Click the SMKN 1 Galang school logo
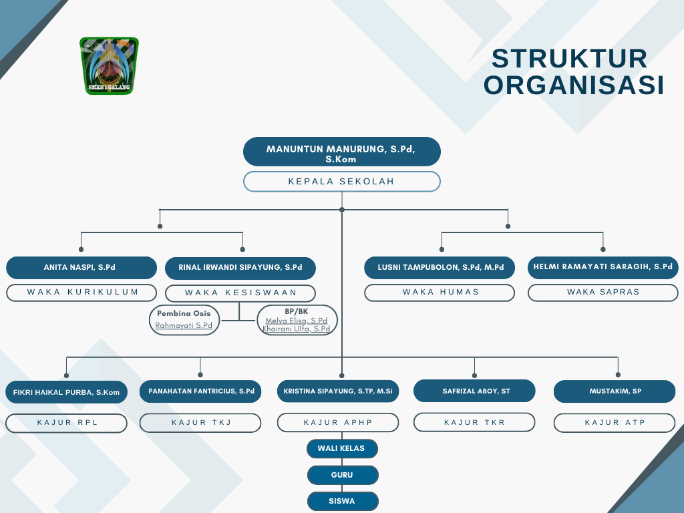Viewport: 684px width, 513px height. [x=109, y=65]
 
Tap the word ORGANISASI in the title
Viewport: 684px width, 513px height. [x=574, y=85]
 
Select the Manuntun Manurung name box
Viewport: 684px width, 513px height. [x=341, y=152]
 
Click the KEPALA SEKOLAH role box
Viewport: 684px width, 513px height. [x=341, y=182]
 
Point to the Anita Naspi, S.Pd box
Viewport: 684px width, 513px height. [x=81, y=268]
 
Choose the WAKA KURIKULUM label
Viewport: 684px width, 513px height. [x=81, y=293]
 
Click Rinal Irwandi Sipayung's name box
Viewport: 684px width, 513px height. [x=240, y=268]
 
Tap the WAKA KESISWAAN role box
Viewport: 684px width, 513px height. [x=240, y=293]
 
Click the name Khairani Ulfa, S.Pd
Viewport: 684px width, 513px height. [x=297, y=329]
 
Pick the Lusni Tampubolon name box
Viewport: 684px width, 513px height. [x=440, y=268]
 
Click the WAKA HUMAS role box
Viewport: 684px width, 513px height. [x=440, y=293]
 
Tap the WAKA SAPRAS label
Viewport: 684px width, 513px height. [x=603, y=293]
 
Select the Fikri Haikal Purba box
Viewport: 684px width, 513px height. [x=66, y=392]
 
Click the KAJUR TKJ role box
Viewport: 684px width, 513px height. [x=200, y=423]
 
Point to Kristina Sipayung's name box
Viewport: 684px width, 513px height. [x=338, y=391]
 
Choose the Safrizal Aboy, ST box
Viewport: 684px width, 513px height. [x=474, y=391]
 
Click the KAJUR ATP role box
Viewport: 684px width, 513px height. [x=615, y=423]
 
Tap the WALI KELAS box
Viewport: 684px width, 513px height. [x=343, y=448]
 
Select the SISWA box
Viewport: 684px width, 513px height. [x=343, y=501]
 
